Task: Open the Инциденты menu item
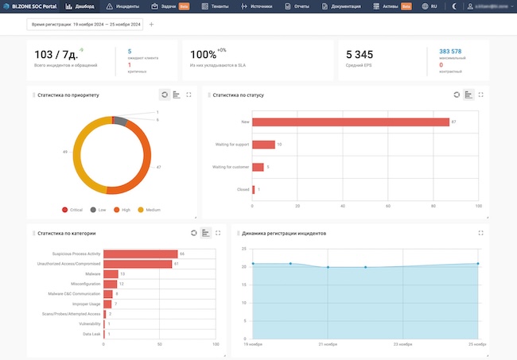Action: point(126,6)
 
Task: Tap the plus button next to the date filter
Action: point(151,25)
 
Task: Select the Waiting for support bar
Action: point(263,145)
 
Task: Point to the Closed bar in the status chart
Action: point(254,189)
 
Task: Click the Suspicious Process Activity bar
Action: point(141,254)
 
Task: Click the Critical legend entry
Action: point(75,210)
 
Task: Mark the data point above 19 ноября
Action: point(253,264)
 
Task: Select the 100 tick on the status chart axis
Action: point(478,205)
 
